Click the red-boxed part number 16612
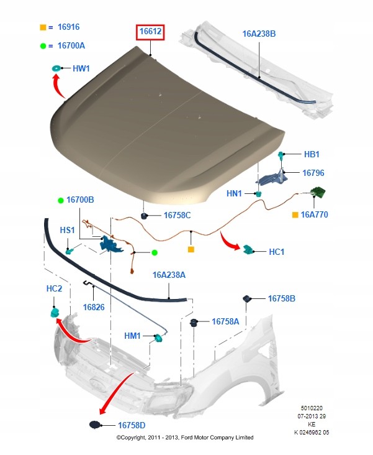click(151, 31)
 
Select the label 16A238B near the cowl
click(258, 34)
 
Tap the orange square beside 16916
click(43, 28)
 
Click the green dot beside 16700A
click(43, 45)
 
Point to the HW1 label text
click(81, 68)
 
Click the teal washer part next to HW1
click(56, 68)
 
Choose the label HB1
click(312, 154)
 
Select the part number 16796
click(313, 173)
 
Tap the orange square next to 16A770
click(295, 215)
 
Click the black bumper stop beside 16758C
click(145, 216)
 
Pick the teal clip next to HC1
click(249, 250)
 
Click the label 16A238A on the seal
click(169, 273)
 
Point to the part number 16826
click(94, 307)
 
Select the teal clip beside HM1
click(158, 337)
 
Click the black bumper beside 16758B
click(246, 298)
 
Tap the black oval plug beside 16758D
click(94, 425)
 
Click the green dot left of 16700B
click(61, 200)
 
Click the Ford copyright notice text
click(185, 438)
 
